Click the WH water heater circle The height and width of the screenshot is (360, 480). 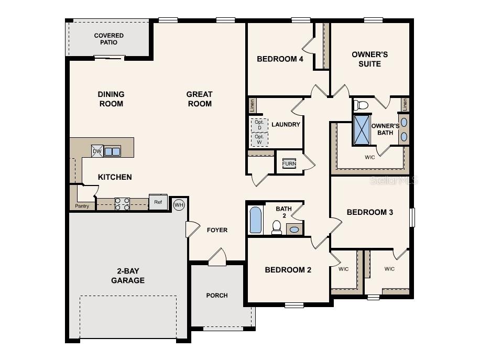click(179, 204)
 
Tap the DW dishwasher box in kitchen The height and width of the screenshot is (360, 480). click(97, 151)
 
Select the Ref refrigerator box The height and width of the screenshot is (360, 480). click(158, 202)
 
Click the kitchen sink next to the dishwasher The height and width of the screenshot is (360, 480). click(112, 151)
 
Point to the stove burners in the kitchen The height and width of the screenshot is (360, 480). click(122, 204)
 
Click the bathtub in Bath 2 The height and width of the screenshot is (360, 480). click(255, 220)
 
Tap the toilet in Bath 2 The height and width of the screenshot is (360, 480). click(276, 227)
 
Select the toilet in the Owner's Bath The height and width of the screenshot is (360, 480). click(362, 105)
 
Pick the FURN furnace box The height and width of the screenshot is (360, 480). click(289, 163)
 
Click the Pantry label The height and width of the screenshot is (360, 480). click(82, 206)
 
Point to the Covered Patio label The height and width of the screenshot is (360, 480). click(109, 39)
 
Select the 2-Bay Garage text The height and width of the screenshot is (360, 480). click(127, 276)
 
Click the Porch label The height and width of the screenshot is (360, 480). click(217, 296)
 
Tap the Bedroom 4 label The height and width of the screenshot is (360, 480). click(280, 59)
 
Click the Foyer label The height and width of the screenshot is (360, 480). click(217, 230)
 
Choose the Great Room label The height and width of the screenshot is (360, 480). click(200, 99)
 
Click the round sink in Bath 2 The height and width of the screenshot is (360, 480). click(294, 229)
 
